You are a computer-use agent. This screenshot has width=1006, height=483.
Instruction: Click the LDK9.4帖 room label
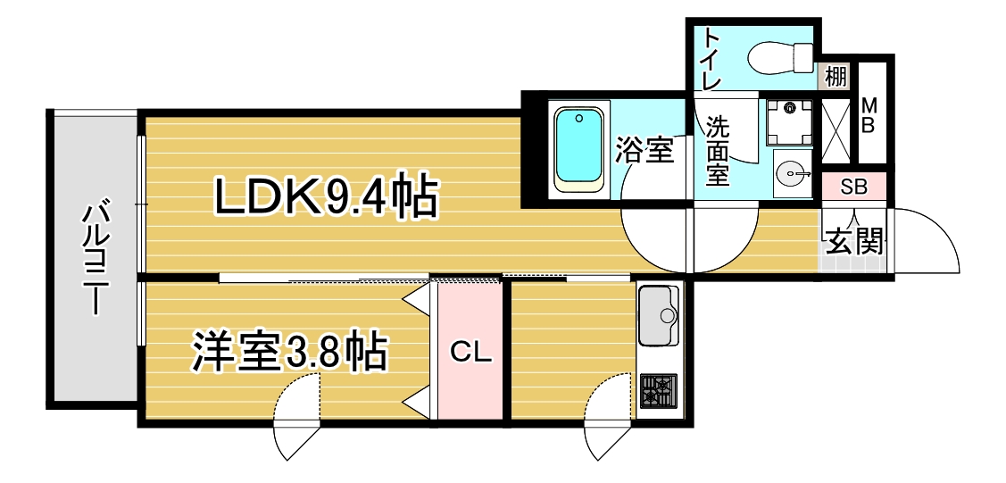325,195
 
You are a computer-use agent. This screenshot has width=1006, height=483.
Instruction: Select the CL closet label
470,353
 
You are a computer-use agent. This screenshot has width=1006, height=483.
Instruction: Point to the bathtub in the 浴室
579,149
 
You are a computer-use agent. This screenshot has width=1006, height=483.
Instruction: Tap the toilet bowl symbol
780,56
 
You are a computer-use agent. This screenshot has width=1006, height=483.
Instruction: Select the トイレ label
711,58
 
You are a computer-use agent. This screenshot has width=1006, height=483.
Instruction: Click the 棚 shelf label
836,78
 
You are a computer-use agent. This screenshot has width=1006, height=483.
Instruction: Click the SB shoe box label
854,187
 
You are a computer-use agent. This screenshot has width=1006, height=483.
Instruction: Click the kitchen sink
659,315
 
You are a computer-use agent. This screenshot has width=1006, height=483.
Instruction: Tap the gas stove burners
658,389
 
